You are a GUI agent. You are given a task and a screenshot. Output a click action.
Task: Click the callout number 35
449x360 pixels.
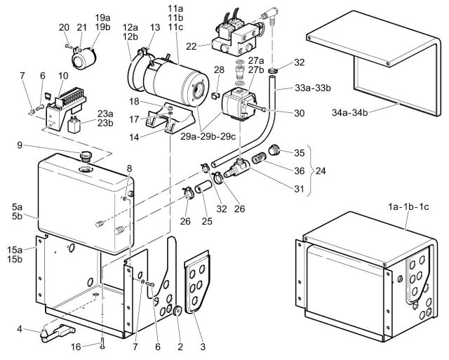pyautogui.click(x=299, y=152)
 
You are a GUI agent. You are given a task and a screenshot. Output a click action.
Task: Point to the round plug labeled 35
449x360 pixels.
pyautogui.click(x=276, y=149)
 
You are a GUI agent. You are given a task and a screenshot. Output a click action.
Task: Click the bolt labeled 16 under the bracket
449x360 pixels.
pyautogui.click(x=103, y=344)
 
